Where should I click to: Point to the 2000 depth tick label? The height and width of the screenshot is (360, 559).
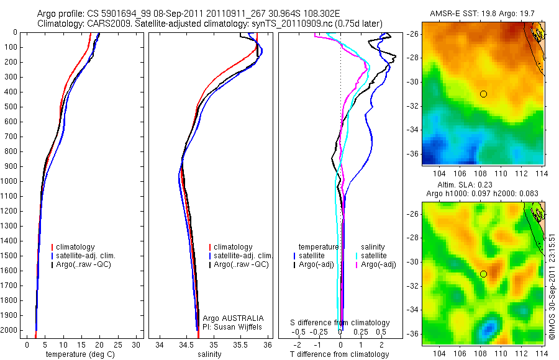[10, 330]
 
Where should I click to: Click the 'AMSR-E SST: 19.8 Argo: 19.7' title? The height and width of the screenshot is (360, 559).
[482, 14]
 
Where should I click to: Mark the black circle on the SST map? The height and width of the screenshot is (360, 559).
[483, 94]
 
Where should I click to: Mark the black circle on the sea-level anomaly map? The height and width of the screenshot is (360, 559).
[483, 274]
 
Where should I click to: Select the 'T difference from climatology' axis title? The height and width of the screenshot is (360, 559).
[341, 354]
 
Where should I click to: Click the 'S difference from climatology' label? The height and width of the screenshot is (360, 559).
[340, 323]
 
